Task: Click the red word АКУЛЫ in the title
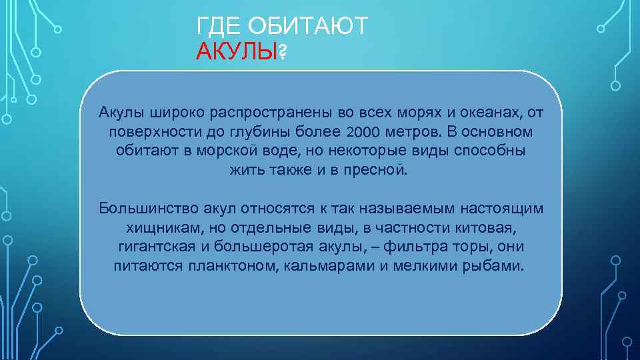pos(236,51)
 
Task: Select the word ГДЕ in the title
pos(220,26)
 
